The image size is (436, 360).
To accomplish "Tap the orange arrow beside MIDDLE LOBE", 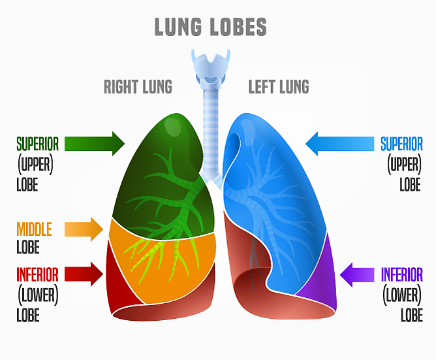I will click(84, 229).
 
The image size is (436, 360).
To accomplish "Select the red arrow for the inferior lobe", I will click(85, 274).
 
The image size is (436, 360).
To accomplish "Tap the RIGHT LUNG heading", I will click(138, 86).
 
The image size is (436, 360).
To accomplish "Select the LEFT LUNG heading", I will click(279, 86).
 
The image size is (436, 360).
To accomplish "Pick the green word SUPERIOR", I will click(38, 143).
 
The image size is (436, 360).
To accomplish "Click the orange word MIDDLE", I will click(34, 229).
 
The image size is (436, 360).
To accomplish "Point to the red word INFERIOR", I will click(37, 274).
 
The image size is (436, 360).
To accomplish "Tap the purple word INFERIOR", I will click(401, 274).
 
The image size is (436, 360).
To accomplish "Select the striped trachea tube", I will click(210, 131).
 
